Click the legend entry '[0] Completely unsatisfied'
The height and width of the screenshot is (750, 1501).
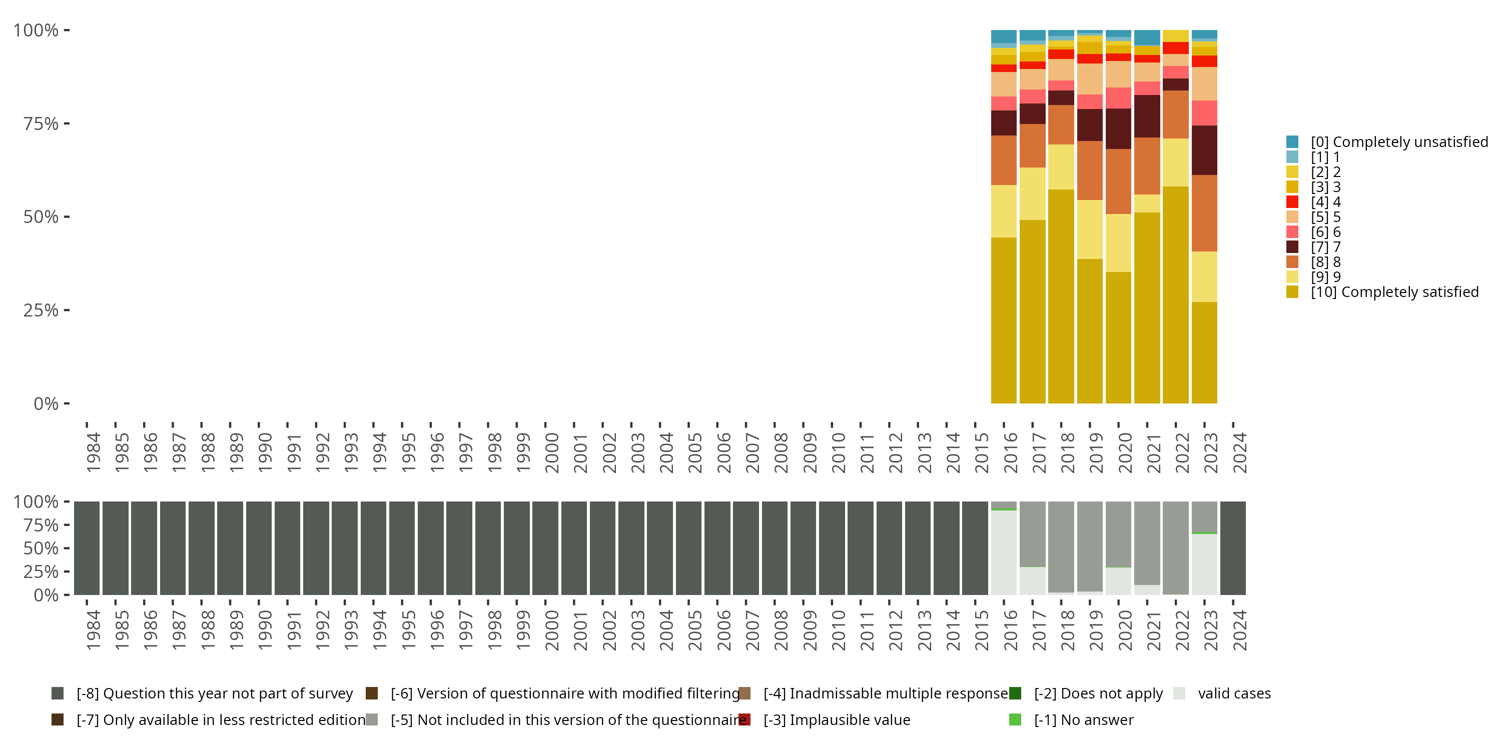point(1398,142)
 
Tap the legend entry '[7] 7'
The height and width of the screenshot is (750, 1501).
point(1325,247)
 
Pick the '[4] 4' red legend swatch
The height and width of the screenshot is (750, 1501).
point(1292,202)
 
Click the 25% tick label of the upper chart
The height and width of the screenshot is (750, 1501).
point(41,310)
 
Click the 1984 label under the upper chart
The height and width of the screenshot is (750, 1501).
point(93,452)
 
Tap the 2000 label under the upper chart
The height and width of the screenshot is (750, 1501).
point(552,452)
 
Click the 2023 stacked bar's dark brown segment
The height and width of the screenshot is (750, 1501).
point(1204,150)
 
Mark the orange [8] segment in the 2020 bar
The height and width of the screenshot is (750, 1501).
point(1118,181)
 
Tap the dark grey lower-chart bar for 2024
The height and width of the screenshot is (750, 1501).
point(1233,548)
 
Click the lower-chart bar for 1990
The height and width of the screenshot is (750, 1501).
point(259,548)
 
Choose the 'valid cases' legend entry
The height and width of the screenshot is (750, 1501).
point(1233,693)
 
